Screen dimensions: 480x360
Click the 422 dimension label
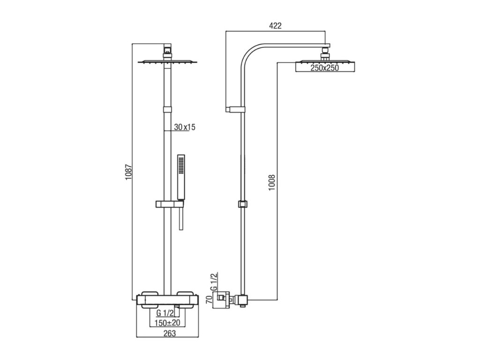[275, 26]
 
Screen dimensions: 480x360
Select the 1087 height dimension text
[128, 172]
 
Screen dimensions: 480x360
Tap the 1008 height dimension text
[272, 183]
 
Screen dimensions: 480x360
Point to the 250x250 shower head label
[325, 68]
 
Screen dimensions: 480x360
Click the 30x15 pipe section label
[185, 127]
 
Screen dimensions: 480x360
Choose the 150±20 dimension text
[167, 322]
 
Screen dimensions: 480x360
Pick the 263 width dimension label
[170, 333]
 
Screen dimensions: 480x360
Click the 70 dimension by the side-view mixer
[210, 300]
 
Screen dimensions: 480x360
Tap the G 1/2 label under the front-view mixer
[165, 313]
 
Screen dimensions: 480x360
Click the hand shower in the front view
[181, 178]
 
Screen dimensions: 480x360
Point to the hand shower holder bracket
[170, 204]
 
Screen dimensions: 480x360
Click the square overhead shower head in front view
[167, 62]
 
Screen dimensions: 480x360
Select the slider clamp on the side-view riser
[242, 204]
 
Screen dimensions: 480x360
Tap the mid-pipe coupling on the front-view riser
[167, 110]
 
